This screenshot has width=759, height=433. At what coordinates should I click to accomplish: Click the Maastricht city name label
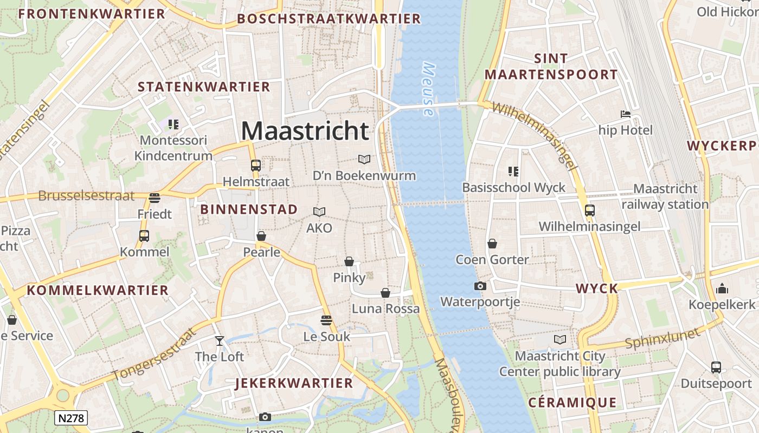coord(305,131)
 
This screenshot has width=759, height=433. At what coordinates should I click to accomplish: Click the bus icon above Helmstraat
coord(255,166)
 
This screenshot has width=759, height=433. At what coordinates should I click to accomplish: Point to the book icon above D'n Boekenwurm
coord(364,159)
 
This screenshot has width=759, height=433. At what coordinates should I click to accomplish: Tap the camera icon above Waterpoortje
coord(480,286)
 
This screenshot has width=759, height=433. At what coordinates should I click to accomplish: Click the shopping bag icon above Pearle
coord(261,236)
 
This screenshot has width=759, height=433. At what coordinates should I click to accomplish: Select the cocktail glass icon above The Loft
coord(220,340)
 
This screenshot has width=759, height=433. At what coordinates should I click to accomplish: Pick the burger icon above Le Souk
coord(326,320)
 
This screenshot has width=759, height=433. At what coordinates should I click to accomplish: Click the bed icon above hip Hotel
coord(625,114)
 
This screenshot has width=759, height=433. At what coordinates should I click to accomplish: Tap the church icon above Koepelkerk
coord(722,288)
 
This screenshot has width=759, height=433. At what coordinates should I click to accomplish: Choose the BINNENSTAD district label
coord(249,209)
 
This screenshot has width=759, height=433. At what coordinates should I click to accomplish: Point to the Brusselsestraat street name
coord(86,195)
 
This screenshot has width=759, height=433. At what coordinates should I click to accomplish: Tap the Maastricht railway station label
coord(665,196)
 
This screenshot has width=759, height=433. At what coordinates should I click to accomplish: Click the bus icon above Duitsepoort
coord(716,367)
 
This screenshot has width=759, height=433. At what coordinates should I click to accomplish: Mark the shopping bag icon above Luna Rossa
coord(385,293)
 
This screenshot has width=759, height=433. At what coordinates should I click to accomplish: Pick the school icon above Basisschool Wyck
coord(513,172)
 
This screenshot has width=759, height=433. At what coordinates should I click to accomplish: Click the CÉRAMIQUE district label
coord(572,403)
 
